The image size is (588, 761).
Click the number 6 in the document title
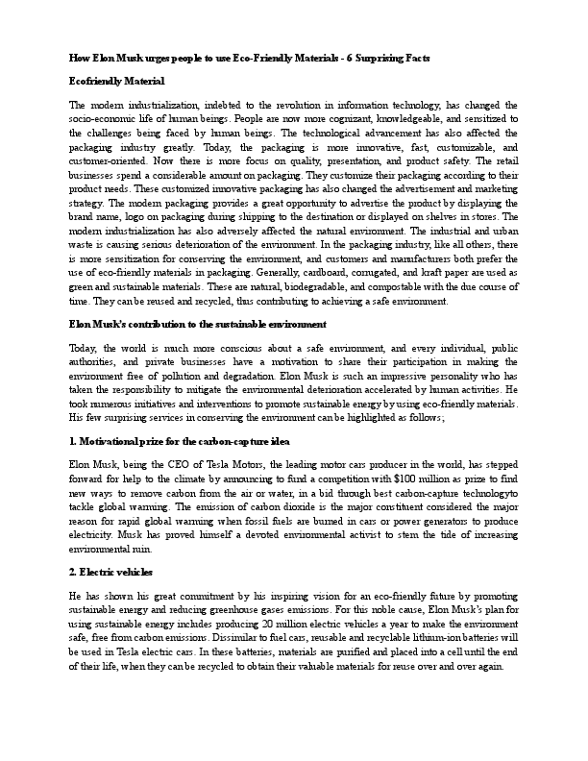click(x=406, y=59)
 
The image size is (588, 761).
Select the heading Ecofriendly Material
click(x=117, y=81)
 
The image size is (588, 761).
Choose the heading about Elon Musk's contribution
click(x=198, y=325)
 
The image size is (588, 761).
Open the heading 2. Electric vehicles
click(x=112, y=571)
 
